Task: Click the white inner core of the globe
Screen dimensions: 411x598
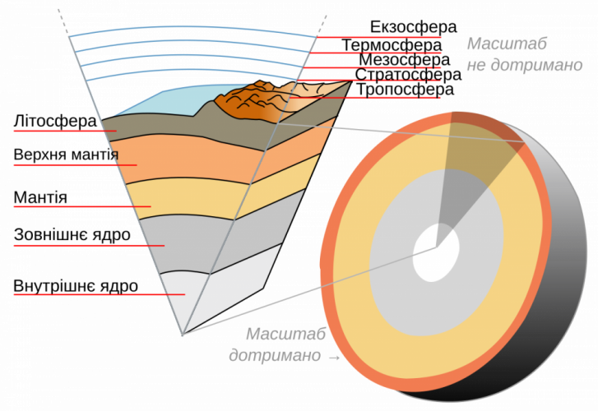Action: [436, 251]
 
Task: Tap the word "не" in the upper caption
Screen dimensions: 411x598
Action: [477, 66]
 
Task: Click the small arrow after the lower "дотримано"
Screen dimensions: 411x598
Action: [334, 358]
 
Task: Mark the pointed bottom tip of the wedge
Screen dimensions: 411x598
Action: [183, 334]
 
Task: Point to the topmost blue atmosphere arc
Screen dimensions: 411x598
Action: [189, 33]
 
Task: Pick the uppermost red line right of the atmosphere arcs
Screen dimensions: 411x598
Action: [378, 37]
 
